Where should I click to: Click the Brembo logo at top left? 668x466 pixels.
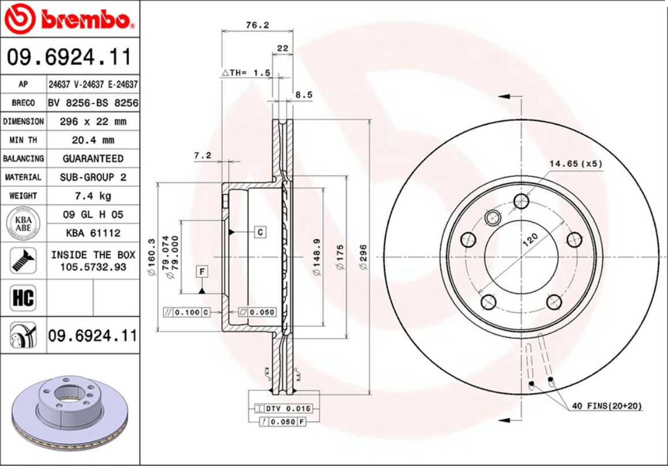click(69, 20)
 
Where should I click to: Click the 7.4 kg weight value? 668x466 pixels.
click(93, 196)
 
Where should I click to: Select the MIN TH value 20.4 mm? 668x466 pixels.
click(93, 140)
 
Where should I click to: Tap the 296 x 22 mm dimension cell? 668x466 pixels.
click(93, 122)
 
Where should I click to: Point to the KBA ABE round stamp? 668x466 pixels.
click(23, 223)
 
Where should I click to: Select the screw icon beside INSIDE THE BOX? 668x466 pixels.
click(23, 260)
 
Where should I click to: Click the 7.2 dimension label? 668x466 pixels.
click(202, 155)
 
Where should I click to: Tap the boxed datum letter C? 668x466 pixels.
click(260, 232)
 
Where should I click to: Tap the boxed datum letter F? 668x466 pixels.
click(203, 271)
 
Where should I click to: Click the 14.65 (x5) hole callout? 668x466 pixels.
click(575, 164)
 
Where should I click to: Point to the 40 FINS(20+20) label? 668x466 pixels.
click(607, 407)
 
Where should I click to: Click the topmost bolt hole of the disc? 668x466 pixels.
click(521, 201)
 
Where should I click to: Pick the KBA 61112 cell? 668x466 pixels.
click(93, 233)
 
